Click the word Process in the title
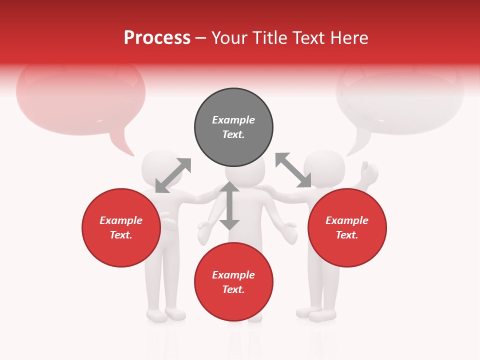click(157, 38)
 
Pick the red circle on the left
click(121, 227)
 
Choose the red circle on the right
click(347, 227)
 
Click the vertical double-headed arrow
click(229, 205)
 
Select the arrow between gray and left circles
click(173, 175)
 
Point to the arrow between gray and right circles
click(293, 170)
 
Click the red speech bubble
click(80, 100)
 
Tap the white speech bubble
click(400, 100)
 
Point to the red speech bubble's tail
click(122, 145)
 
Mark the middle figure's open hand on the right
click(288, 232)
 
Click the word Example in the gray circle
click(233, 120)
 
